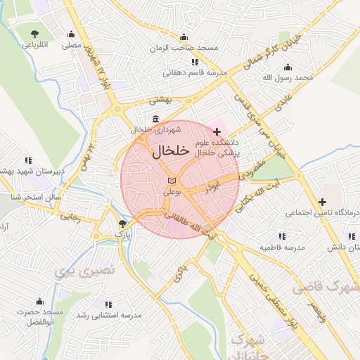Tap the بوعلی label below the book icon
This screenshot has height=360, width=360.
point(172,191)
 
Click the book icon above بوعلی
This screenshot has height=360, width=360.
point(172,181)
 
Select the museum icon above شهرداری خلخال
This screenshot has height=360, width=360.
point(155,119)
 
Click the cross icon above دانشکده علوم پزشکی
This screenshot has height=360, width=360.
point(217,131)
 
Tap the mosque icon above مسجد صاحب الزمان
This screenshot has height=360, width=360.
point(184,37)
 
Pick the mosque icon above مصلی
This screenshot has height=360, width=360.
point(71,34)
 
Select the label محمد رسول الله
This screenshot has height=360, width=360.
point(303,77)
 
